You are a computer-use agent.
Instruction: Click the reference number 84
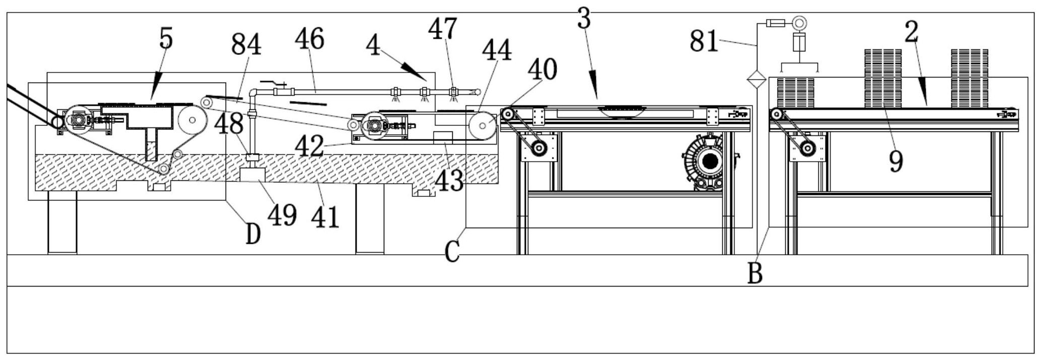[x=246, y=45]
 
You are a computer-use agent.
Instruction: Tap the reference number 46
[x=310, y=39]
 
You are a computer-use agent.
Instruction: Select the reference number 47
[x=443, y=29]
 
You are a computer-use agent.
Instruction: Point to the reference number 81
[x=704, y=41]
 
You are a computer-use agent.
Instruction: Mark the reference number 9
[x=895, y=162]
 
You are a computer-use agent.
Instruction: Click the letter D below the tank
[x=253, y=234]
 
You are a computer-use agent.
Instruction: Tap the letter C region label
[x=452, y=252]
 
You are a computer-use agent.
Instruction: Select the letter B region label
[x=754, y=273]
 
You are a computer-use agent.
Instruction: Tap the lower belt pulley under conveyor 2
[x=807, y=148]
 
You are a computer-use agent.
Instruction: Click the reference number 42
[x=309, y=147]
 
